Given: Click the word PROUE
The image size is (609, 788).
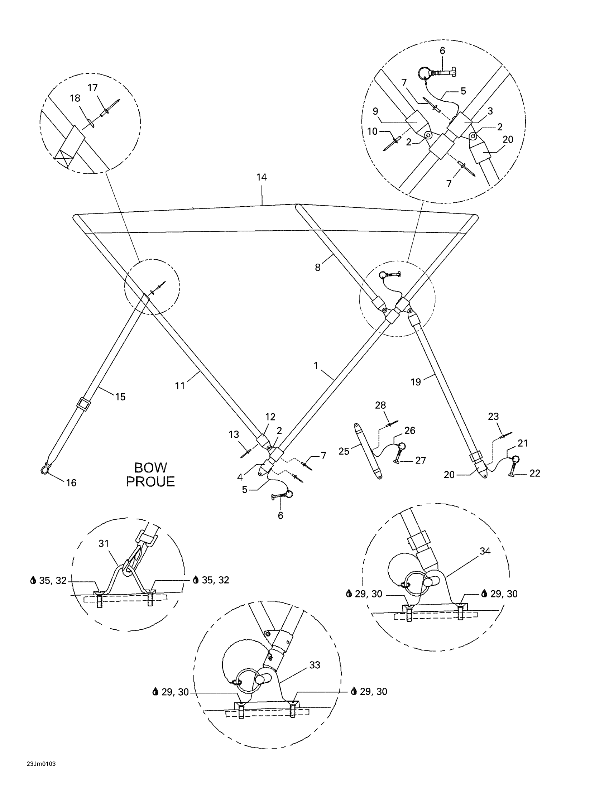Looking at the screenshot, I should pos(150,482).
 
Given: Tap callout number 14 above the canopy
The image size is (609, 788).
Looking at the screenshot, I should pos(262,177).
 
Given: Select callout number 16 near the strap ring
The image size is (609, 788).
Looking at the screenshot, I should pos(71,483).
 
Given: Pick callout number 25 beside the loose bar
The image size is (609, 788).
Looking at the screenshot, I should pos(344,451).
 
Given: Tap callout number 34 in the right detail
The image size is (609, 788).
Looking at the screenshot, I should pos(485,551).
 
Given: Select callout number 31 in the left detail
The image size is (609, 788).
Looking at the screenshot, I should pos(104,543).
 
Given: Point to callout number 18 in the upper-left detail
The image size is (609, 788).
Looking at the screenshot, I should pos(75,98).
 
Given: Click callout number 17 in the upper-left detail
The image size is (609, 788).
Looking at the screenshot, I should pos(93,88).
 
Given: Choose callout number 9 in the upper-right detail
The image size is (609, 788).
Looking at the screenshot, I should pos(375,111).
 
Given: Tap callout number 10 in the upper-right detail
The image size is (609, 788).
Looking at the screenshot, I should pos(372,131).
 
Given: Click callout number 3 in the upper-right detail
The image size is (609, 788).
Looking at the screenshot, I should pos(490,111).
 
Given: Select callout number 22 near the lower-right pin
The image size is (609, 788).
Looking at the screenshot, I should pos(535,473).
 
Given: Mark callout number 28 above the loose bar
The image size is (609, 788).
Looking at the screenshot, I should pos(380,405).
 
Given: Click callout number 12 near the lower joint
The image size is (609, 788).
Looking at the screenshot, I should pos(270,417).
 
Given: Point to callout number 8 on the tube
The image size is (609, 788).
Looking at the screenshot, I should pos(317,268).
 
